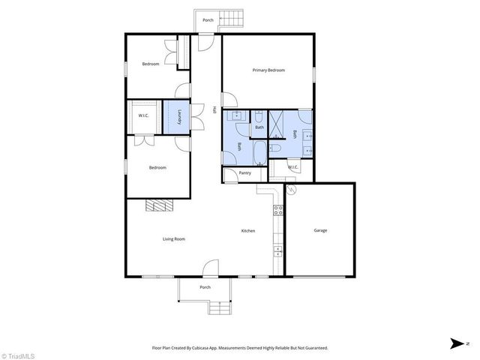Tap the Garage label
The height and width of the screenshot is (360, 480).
click(320, 230)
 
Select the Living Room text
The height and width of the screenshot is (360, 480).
click(174, 239)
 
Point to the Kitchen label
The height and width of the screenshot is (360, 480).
click(248, 230)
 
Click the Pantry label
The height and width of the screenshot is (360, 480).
click(244, 173)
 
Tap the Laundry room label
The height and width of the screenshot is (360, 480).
click(180, 118)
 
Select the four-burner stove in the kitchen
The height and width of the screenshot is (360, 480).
click(277, 211)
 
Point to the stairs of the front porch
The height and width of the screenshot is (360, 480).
click(219, 307)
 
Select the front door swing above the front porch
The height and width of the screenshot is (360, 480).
click(211, 268)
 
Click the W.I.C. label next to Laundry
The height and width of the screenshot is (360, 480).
click(142, 115)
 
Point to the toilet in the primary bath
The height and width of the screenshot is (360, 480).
click(275, 149)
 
